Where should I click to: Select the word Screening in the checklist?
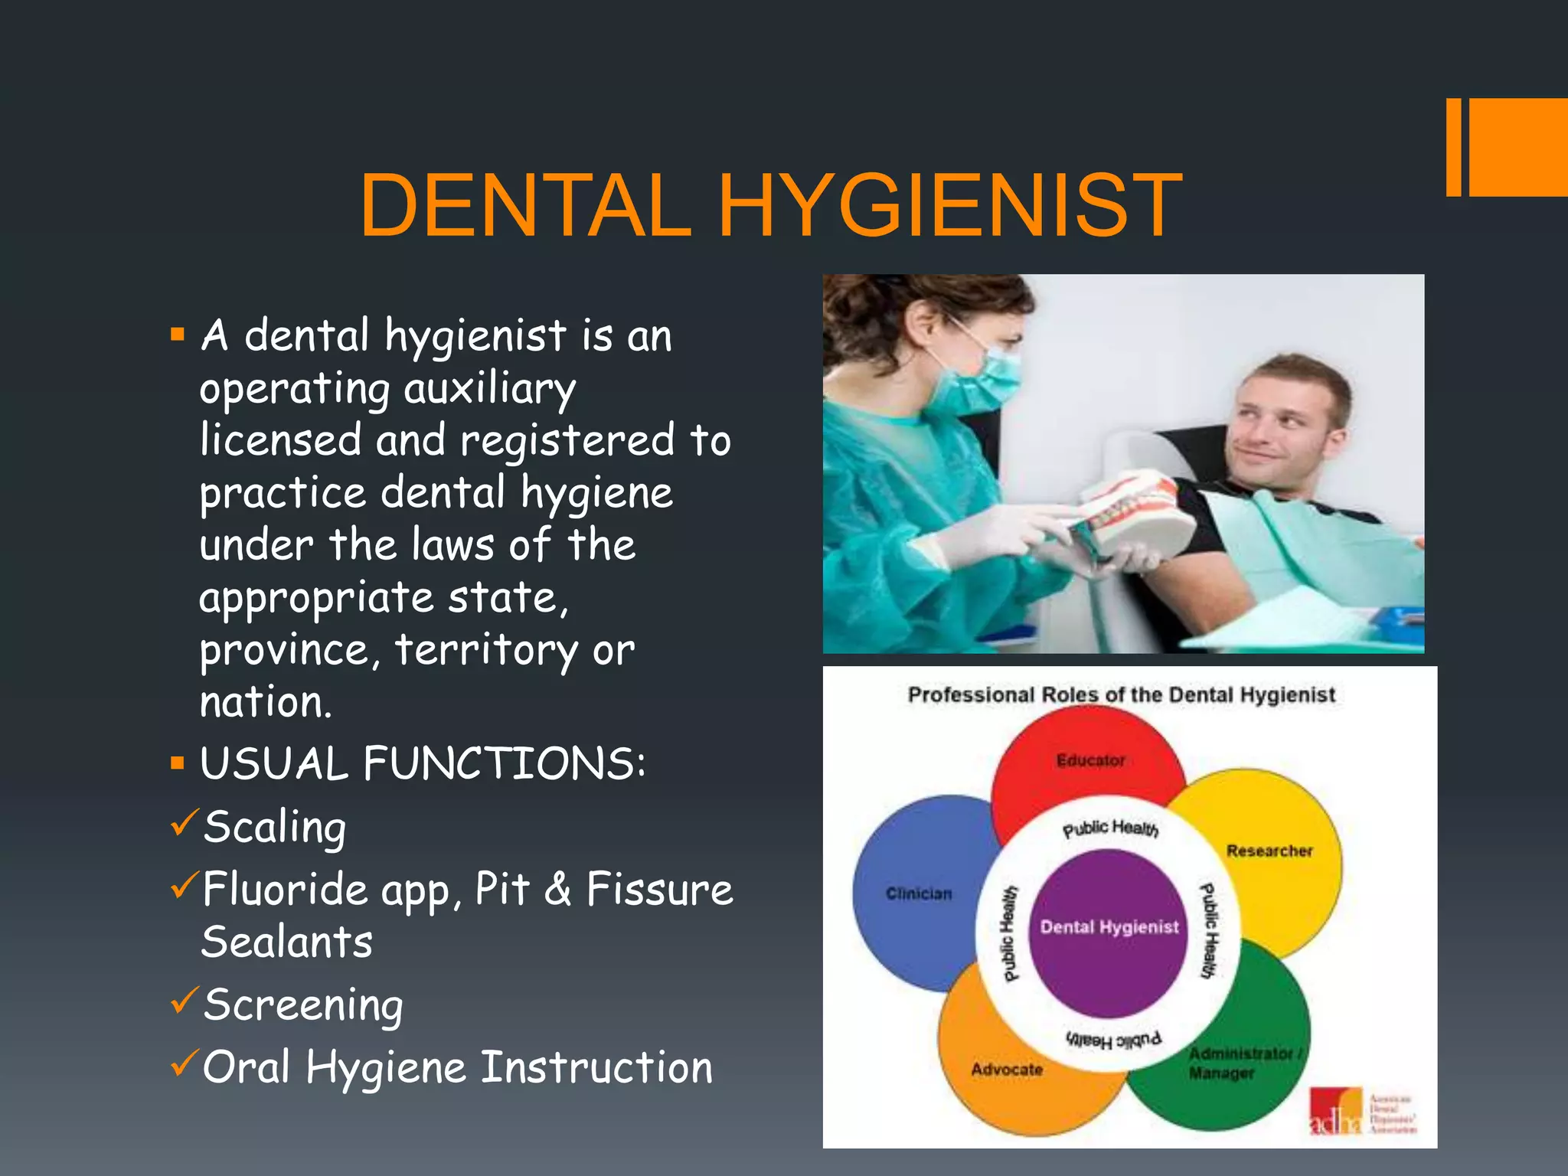tap(303, 1005)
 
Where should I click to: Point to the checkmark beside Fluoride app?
tap(185, 885)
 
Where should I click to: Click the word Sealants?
tap(287, 942)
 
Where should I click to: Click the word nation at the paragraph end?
tap(265, 702)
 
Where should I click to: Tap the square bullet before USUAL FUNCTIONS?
tap(178, 763)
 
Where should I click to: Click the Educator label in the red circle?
tap(1090, 760)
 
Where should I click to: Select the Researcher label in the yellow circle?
tap(1269, 851)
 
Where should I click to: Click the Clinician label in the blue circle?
tap(919, 893)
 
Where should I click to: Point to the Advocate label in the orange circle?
tap(1007, 1069)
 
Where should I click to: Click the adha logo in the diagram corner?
tap(1336, 1112)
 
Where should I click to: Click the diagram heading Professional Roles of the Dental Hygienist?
tap(1121, 694)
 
